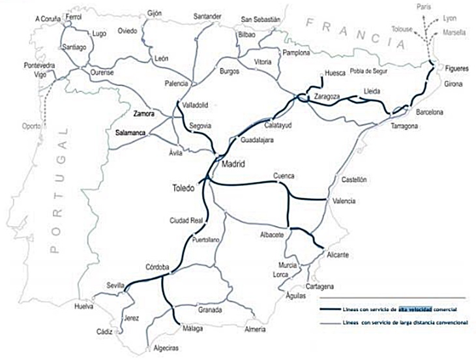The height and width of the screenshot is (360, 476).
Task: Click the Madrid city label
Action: click(x=233, y=164)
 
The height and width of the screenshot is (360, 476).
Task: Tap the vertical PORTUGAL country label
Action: click(x=63, y=190)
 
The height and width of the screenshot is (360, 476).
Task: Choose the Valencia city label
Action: click(x=344, y=201)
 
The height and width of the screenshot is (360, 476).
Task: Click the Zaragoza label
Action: click(x=327, y=97)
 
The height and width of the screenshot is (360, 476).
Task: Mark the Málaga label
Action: click(x=190, y=329)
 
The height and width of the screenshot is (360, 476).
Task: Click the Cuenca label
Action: click(x=284, y=176)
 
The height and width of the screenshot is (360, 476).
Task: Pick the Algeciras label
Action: click(x=166, y=349)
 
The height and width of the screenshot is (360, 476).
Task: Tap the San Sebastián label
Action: click(x=260, y=20)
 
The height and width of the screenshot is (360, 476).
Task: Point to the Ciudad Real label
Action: click(x=186, y=220)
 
